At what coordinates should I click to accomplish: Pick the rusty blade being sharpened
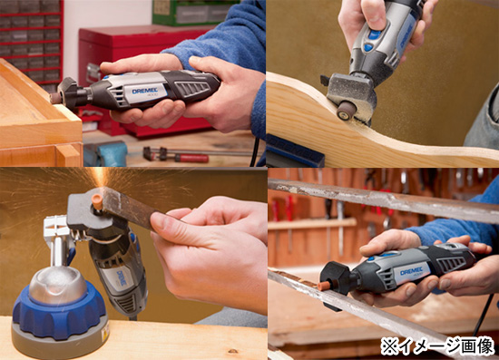click(136, 211)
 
